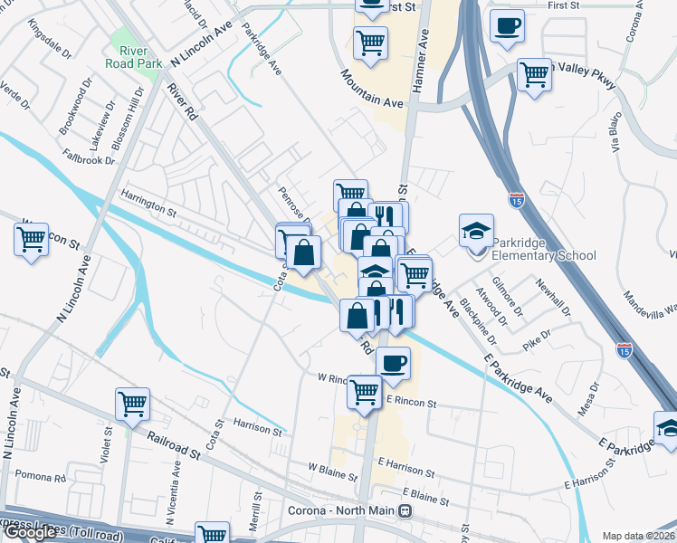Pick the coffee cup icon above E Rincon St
pos(392,363)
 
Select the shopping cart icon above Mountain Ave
pos(370,43)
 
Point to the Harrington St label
pos(149,208)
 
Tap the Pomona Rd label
pos(42,477)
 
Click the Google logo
pos(30,532)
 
